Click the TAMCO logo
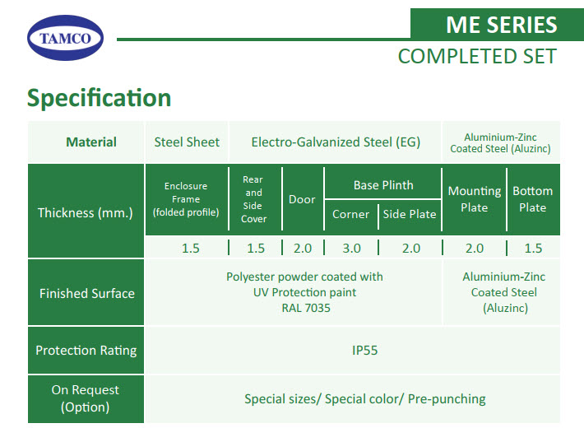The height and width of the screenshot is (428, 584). pos(65,38)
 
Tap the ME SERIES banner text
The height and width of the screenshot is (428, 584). pos(501,25)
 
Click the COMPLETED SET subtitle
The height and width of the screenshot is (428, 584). pos(477,56)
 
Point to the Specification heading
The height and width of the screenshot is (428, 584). pos(99,98)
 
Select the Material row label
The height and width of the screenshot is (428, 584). pos(90,142)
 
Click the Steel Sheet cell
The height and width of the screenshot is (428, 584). pos(187,142)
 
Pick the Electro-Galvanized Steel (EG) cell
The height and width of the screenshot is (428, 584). pos(336,142)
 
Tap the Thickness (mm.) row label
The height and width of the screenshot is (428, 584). pos(86,212)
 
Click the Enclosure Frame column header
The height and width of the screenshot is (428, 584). pos(186,199)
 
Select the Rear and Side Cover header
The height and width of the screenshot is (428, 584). pos(253,199)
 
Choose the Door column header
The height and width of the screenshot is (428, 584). pos(302,199)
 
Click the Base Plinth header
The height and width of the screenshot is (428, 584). pos(383,185)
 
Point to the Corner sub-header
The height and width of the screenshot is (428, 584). pos(350,214)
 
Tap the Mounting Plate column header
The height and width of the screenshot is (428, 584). pos(474,199)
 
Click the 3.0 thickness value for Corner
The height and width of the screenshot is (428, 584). pos(351,249)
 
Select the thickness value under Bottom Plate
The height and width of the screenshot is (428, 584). pos(533,249)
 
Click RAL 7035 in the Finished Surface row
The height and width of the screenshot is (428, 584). pos(306,308)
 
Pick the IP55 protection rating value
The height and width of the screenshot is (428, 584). pos(364,351)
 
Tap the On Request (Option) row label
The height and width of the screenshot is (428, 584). pos(86,398)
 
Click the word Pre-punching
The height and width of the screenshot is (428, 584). pos(447,399)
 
